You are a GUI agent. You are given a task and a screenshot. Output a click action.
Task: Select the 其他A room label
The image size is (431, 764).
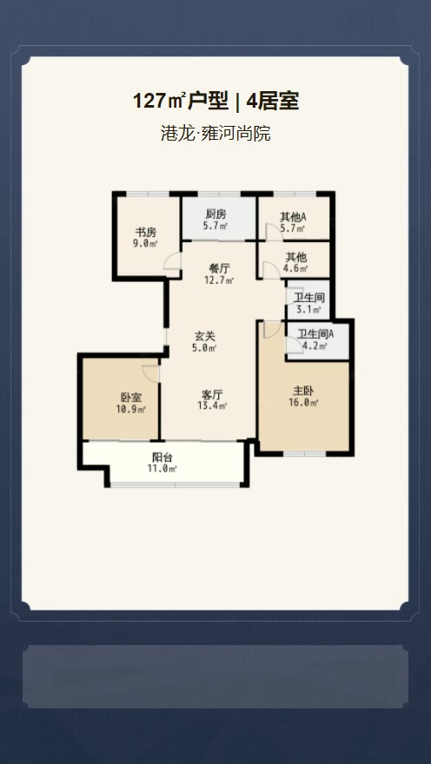click(x=293, y=217)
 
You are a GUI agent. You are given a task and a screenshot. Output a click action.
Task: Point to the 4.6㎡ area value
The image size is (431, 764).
click(x=296, y=268)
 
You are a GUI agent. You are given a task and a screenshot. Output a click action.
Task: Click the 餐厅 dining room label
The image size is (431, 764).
click(x=219, y=268)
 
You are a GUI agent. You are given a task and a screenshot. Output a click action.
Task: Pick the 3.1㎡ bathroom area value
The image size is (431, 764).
click(x=309, y=309)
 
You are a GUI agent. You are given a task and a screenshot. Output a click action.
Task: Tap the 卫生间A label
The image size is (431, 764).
click(x=315, y=334)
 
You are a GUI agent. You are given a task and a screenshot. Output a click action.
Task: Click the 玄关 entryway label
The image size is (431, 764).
click(x=205, y=336)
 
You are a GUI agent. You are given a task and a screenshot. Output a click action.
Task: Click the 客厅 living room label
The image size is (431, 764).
click(x=212, y=393)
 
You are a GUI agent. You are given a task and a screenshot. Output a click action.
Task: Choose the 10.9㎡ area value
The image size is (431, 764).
click(x=130, y=410)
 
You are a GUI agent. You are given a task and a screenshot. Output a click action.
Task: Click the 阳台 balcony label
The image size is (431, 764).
click(x=162, y=458)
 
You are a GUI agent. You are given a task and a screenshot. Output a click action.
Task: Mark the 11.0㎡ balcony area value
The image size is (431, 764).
click(x=162, y=469)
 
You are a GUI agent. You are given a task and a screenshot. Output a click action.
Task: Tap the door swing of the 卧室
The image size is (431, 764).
click(x=149, y=372)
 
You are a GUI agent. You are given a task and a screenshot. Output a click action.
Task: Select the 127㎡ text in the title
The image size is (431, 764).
click(x=159, y=102)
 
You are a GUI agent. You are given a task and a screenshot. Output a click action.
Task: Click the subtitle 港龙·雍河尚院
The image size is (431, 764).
click(x=215, y=133)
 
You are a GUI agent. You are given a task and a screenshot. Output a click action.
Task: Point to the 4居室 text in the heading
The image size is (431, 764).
click(x=273, y=102)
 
